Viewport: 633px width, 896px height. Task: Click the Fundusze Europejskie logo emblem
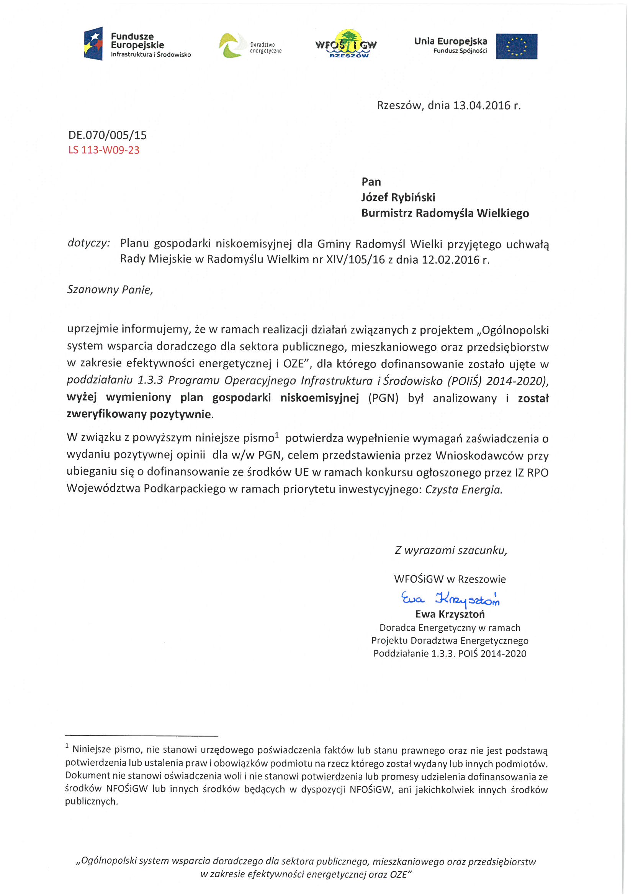tap(93, 43)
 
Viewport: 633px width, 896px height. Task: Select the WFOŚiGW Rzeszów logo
tap(346, 44)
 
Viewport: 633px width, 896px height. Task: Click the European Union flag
tap(516, 46)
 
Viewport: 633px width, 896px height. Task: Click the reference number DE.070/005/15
tap(108, 135)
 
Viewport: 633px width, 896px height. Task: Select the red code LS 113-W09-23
tap(104, 150)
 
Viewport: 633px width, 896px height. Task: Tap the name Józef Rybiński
tap(398, 197)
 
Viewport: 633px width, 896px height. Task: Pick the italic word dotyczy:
tap(89, 243)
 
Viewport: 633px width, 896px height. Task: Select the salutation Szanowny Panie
tap(110, 290)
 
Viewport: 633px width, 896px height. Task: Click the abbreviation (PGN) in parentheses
tap(383, 398)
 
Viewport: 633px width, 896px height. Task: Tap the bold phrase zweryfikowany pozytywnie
tap(139, 414)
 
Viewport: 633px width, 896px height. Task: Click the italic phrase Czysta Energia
tap(463, 489)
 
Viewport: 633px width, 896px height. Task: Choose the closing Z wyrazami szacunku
tap(450, 550)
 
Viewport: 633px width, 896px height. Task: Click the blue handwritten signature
tap(450, 599)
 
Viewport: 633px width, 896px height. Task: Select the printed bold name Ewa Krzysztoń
tap(450, 614)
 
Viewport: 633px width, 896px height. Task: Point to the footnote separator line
tap(141, 736)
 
